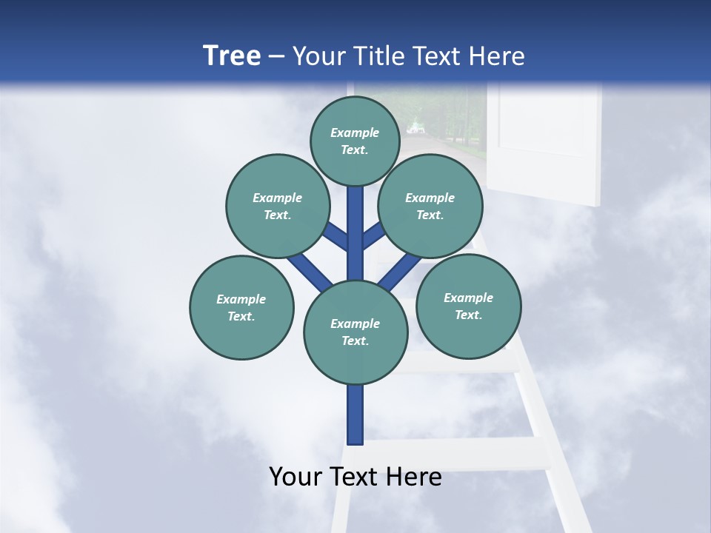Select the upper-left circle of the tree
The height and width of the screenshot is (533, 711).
click(x=278, y=207)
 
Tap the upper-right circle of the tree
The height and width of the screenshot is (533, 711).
click(x=430, y=207)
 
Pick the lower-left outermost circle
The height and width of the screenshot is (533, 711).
click(x=241, y=308)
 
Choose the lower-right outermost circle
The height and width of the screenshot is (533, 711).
click(x=469, y=306)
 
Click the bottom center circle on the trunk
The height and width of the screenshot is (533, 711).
click(x=355, y=332)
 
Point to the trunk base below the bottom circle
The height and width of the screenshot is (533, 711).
click(x=355, y=415)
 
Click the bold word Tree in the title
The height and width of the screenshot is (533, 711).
click(x=232, y=56)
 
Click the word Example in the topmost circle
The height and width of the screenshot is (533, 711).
click(x=355, y=133)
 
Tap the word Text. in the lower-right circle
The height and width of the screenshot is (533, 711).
click(x=468, y=315)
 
